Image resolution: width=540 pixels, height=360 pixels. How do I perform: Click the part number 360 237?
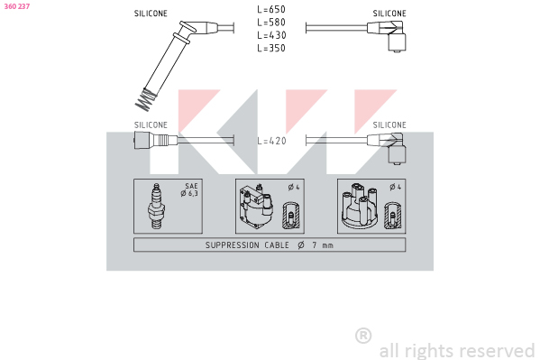(x=17, y=6)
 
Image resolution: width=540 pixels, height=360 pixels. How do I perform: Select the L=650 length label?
(x=271, y=9)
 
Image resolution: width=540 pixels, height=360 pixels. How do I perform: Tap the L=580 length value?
(x=271, y=23)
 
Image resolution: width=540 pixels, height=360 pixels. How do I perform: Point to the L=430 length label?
(x=271, y=35)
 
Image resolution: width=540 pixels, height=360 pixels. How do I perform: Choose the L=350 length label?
(x=271, y=48)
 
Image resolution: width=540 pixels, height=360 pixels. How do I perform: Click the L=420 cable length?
(x=271, y=141)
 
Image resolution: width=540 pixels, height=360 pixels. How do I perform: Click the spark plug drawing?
(x=156, y=206)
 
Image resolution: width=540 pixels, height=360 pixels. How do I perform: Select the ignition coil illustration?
(x=257, y=206)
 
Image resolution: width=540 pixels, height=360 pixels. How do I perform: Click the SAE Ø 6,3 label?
(x=189, y=190)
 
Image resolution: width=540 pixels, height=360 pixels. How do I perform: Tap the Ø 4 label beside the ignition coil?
(x=294, y=188)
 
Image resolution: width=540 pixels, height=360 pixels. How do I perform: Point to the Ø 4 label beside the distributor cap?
(x=396, y=188)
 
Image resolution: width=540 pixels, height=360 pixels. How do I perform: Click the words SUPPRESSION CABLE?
(x=247, y=245)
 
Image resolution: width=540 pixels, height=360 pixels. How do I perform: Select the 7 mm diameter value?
(x=323, y=245)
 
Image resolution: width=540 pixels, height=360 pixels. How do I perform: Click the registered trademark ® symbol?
(x=363, y=336)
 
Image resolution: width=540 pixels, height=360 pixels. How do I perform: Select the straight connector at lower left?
(x=156, y=141)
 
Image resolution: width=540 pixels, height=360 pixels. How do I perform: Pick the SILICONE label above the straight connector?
(x=151, y=125)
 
